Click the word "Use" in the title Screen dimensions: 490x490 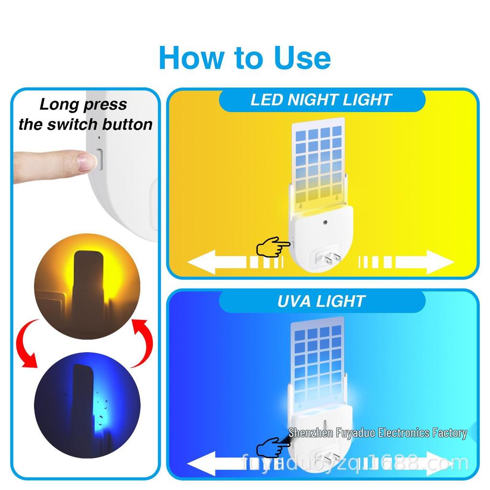click(x=302, y=57)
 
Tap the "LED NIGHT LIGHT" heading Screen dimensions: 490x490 click(x=321, y=100)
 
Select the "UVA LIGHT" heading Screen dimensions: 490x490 click(x=321, y=301)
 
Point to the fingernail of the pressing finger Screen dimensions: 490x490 click(x=86, y=162)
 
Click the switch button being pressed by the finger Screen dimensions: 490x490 click(x=100, y=159)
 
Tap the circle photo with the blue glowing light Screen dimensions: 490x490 click(x=87, y=393)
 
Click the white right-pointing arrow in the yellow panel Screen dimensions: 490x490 click(x=423, y=263)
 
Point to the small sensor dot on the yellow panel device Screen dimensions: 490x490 click(x=325, y=223)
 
